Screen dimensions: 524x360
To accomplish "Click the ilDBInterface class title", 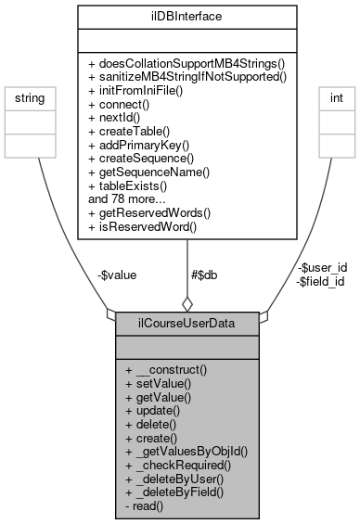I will point(187,15).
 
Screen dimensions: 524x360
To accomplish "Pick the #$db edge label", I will point(206,275).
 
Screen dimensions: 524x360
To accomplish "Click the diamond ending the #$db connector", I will point(186,303).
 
